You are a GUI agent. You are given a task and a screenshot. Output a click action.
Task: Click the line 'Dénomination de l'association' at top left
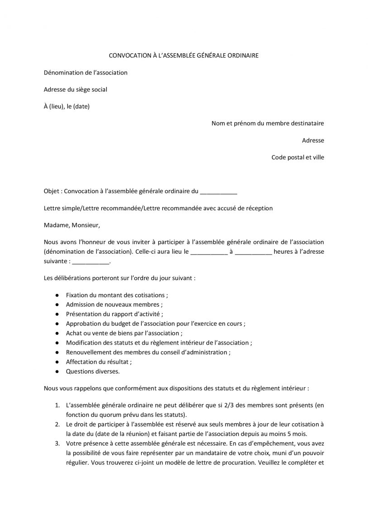[x=86, y=72]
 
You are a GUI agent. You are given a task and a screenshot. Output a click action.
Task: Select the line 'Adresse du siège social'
[x=75, y=90]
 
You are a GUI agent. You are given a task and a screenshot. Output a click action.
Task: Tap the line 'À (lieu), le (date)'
[x=67, y=106]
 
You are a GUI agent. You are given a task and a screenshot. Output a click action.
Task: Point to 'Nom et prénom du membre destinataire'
[x=268, y=123]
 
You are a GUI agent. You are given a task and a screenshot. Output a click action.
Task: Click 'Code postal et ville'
[x=297, y=157]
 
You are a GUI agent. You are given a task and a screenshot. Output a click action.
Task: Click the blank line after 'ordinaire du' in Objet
[x=218, y=192]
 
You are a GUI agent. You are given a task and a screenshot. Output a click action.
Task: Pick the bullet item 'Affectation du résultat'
[x=99, y=362]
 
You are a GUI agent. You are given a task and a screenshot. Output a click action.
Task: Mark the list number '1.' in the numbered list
[x=57, y=405]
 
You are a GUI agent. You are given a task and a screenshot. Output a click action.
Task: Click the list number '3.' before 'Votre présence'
[x=57, y=443]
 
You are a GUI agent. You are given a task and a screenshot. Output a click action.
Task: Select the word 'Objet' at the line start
[x=51, y=191]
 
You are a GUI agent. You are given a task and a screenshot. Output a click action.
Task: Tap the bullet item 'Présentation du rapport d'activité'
[x=114, y=314]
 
